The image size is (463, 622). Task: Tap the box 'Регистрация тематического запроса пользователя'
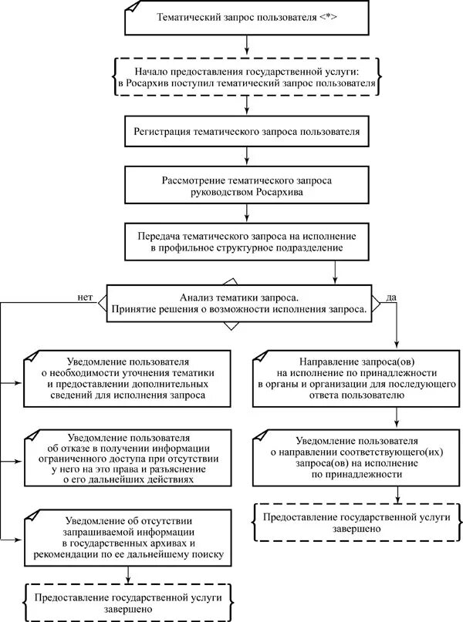[245, 131]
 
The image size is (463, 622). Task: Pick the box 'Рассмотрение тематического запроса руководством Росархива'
[245, 186]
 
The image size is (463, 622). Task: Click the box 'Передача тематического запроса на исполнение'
[245, 240]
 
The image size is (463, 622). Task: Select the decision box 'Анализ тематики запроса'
[239, 302]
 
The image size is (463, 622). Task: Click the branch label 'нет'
[84, 294]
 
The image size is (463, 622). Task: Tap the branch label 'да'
[390, 295]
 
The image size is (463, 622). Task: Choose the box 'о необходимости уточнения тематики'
[128, 378]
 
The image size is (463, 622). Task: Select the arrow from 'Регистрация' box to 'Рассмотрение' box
[245, 156]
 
